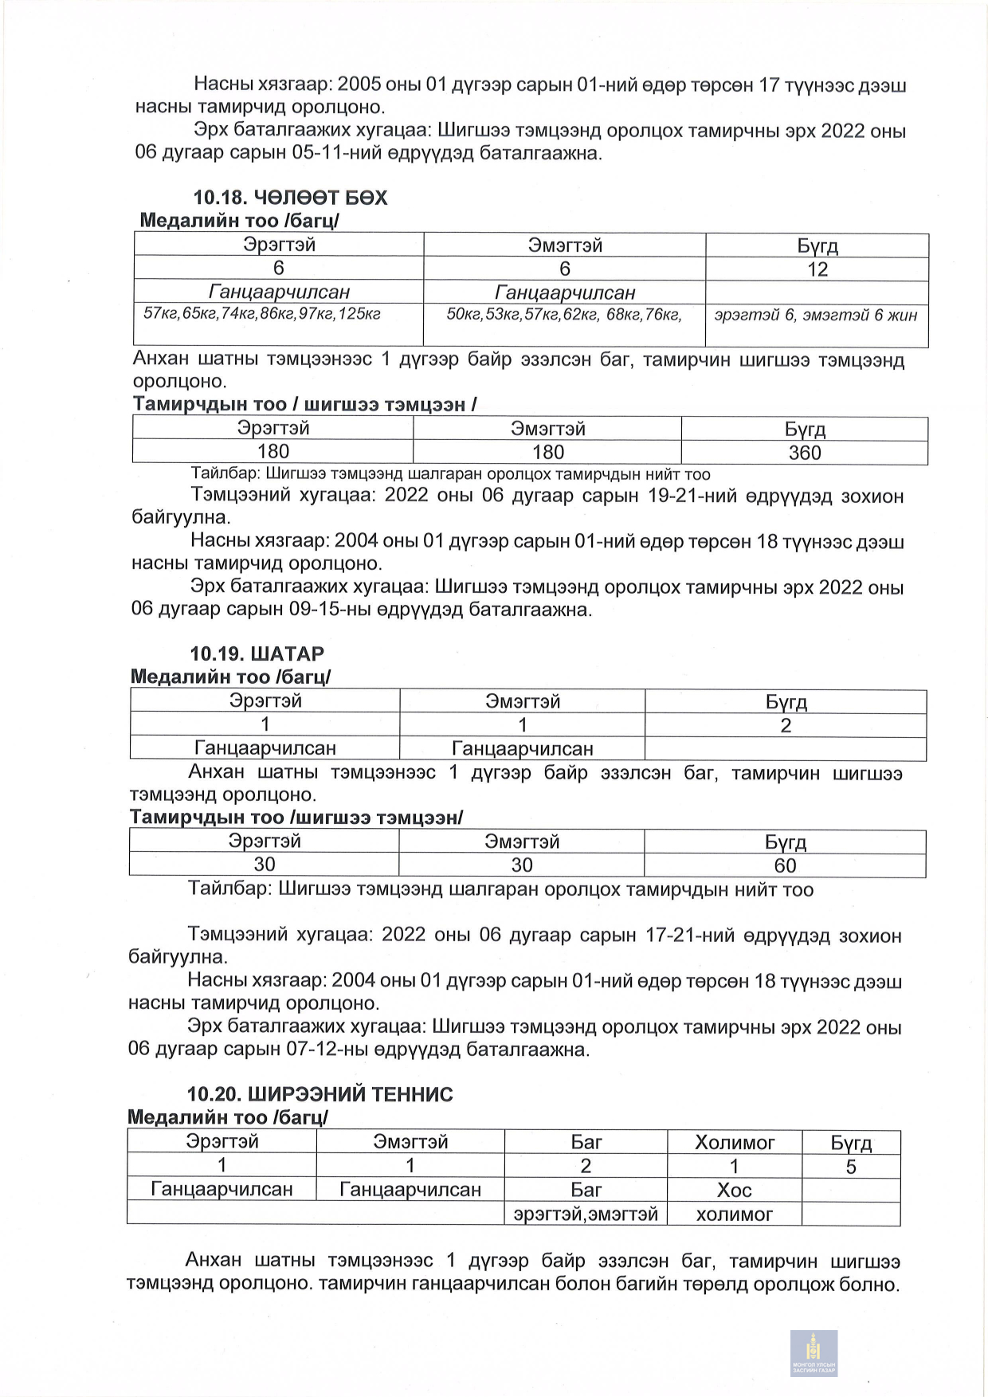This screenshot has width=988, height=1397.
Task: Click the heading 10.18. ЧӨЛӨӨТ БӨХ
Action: pos(290,198)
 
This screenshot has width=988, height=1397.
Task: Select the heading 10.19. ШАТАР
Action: pos(257,654)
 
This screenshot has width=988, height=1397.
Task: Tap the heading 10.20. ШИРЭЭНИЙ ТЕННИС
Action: pos(320,1094)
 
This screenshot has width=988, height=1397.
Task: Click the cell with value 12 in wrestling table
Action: pos(817,269)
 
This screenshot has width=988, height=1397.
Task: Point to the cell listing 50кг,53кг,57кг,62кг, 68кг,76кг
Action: pos(563,314)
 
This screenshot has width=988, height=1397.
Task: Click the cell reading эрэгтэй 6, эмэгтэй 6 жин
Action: pos(816,316)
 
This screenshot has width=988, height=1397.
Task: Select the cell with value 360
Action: pos(804,453)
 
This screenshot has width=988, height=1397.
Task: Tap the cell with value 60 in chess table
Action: pos(785,865)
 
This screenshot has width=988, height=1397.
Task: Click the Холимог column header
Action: pos(734,1143)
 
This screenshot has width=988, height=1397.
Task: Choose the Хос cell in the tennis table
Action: pos(734,1190)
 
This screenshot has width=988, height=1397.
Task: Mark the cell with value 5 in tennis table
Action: pos(850,1167)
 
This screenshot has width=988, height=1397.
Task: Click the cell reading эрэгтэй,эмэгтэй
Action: pos(586,1215)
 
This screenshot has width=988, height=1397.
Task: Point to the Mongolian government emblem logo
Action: pos(814,1352)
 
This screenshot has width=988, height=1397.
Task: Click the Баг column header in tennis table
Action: pos(586,1143)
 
